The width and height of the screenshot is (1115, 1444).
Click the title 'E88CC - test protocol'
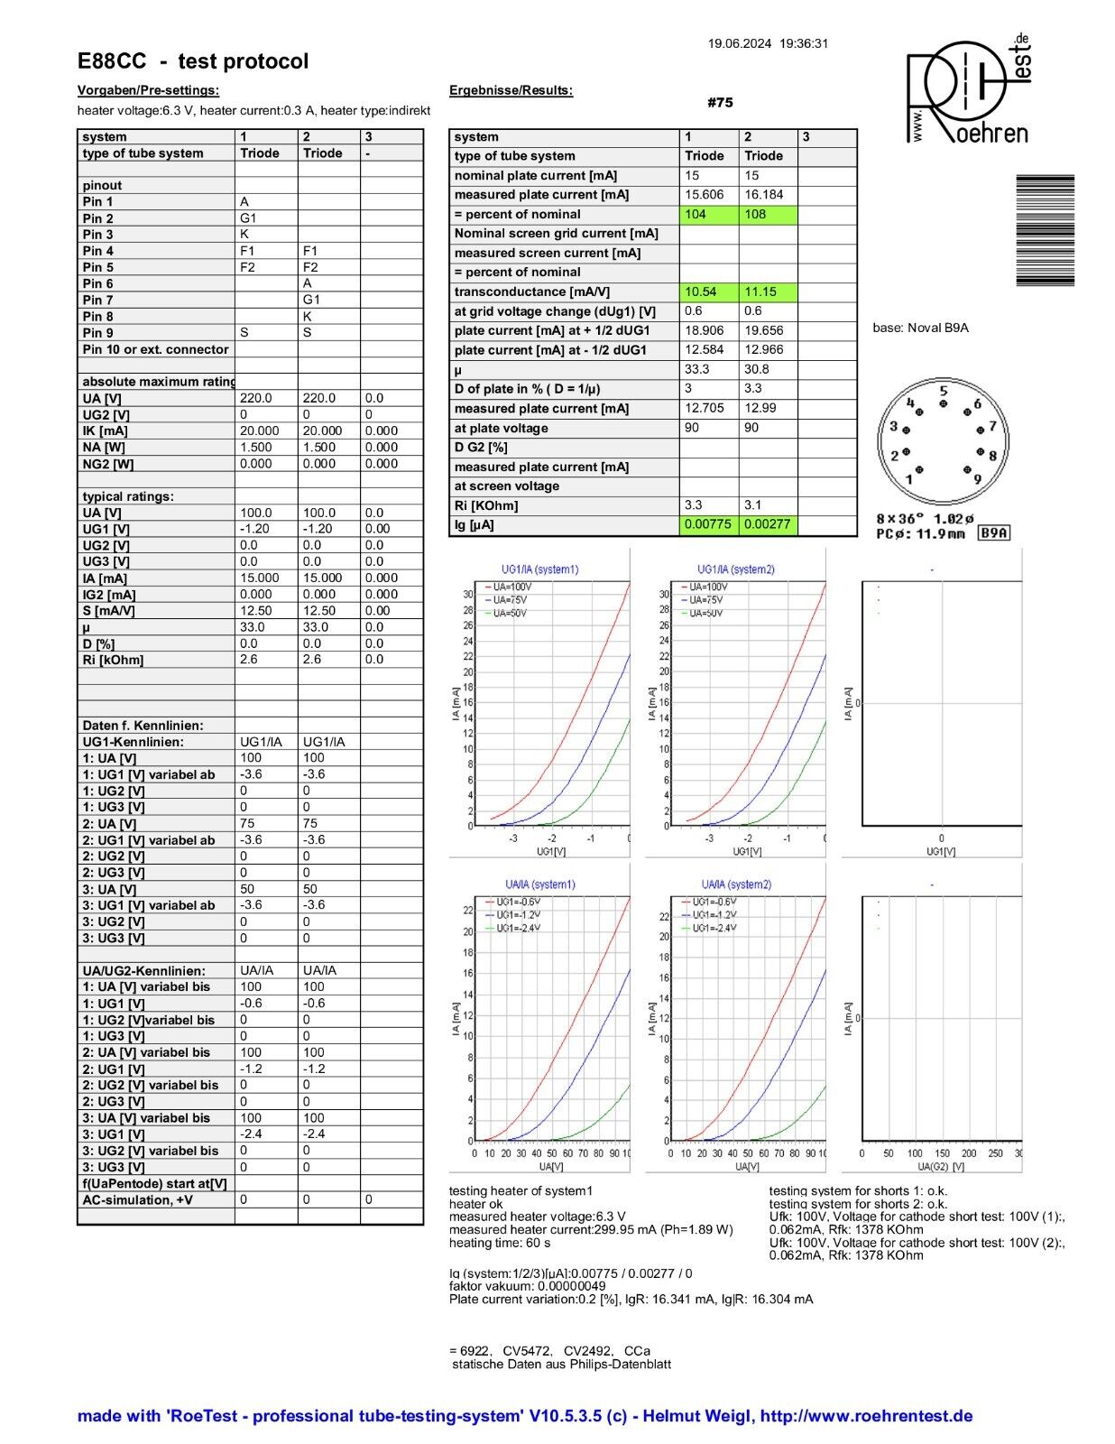point(193,61)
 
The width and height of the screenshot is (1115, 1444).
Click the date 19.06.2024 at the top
point(739,43)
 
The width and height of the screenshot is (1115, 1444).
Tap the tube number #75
point(720,103)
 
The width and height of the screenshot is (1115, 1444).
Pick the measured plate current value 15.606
point(705,195)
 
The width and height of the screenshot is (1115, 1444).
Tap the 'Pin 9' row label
point(98,333)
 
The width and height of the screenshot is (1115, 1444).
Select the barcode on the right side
point(1045,230)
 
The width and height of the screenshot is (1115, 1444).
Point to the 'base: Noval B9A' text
point(920,328)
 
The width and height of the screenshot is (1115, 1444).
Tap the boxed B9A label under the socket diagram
point(994,533)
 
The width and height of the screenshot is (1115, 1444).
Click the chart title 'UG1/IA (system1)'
point(539,569)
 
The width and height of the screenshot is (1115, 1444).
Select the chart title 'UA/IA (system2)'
point(736,884)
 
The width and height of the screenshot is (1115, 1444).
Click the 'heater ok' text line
point(476,1204)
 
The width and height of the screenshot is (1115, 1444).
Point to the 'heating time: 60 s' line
point(500,1243)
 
